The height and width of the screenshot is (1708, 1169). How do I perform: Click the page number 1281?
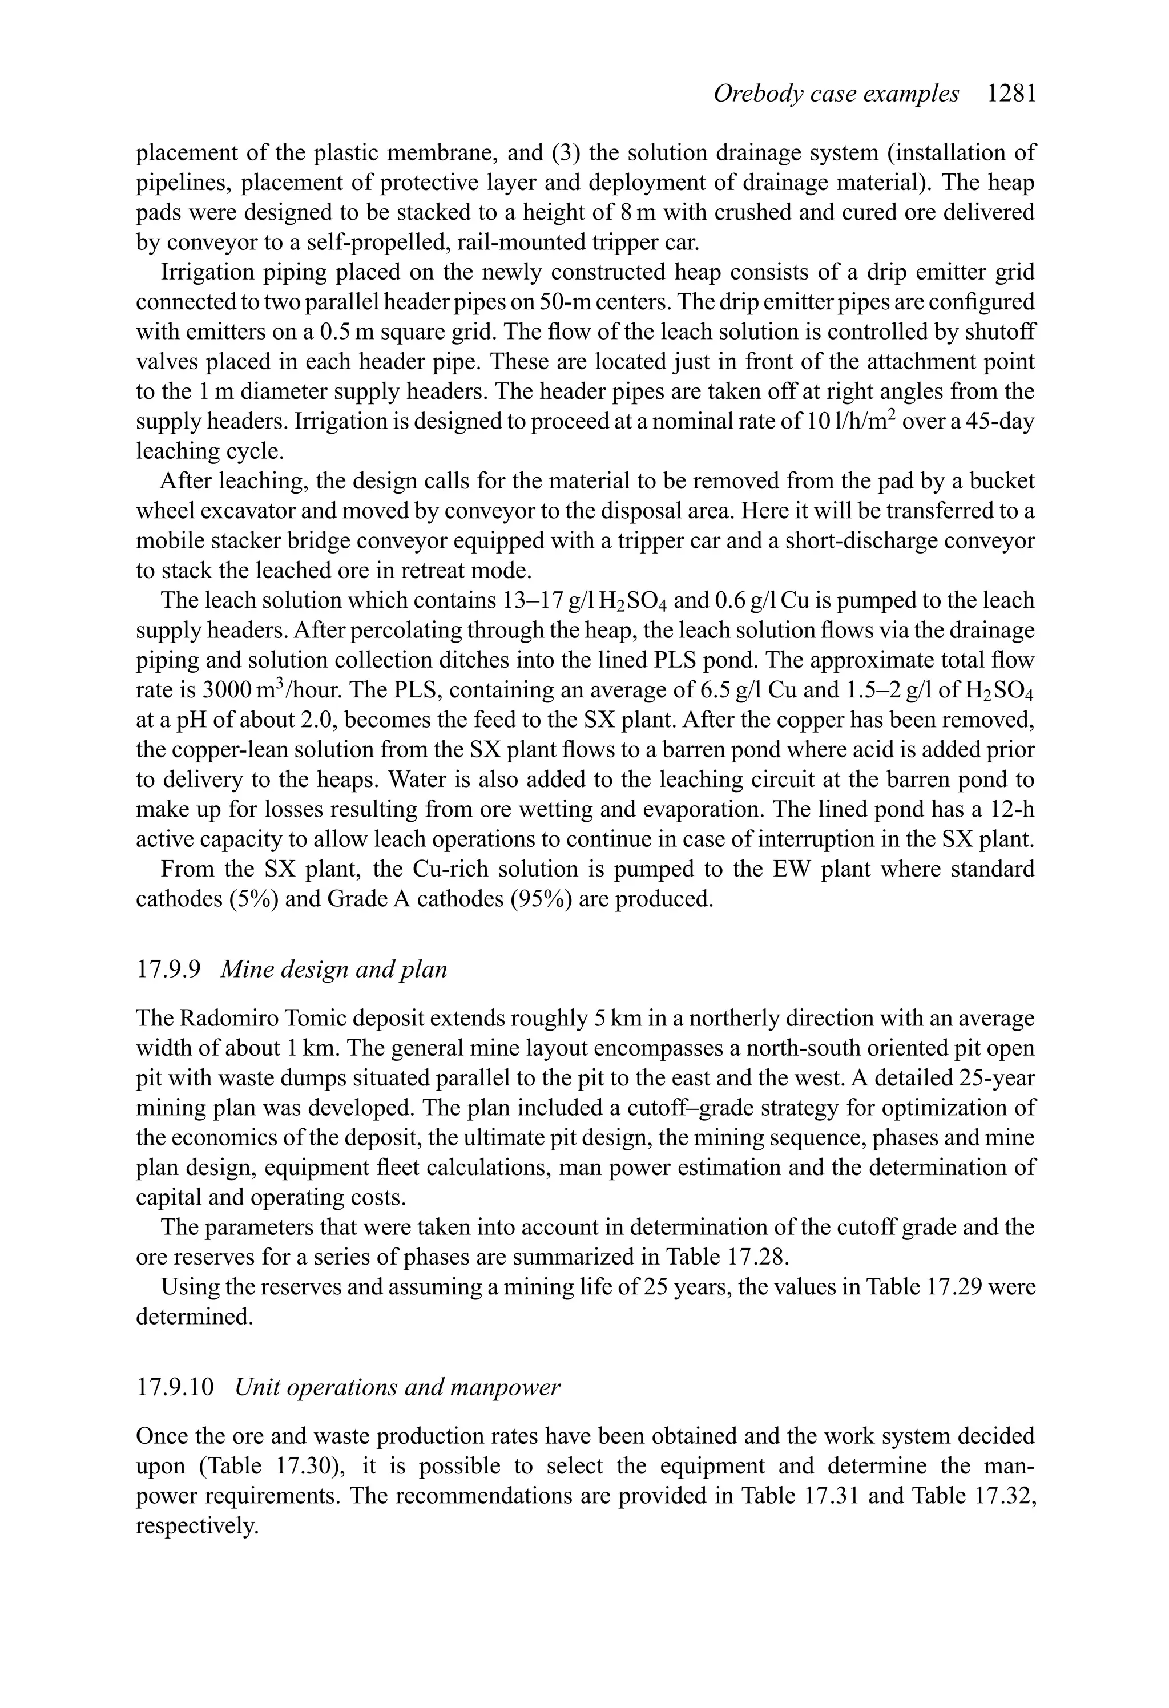1011,94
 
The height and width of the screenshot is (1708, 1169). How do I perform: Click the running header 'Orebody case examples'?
836,94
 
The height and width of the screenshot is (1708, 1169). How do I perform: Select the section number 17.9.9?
168,970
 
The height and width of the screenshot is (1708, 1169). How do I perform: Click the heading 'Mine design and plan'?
334,970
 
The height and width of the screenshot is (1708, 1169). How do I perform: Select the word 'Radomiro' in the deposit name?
225,1019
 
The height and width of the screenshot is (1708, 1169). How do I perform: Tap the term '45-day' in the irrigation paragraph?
1001,421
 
